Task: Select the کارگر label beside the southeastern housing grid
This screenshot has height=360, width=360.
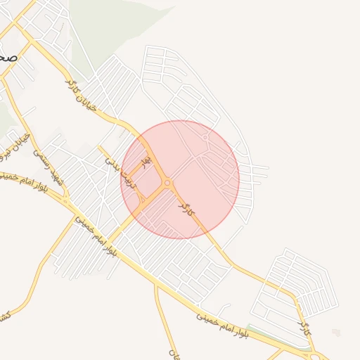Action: (304, 326)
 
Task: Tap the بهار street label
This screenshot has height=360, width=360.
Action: (146, 162)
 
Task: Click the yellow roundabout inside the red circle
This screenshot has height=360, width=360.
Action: (167, 184)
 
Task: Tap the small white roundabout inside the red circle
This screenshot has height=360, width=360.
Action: (205, 137)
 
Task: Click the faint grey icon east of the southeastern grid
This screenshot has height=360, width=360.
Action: (336, 333)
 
